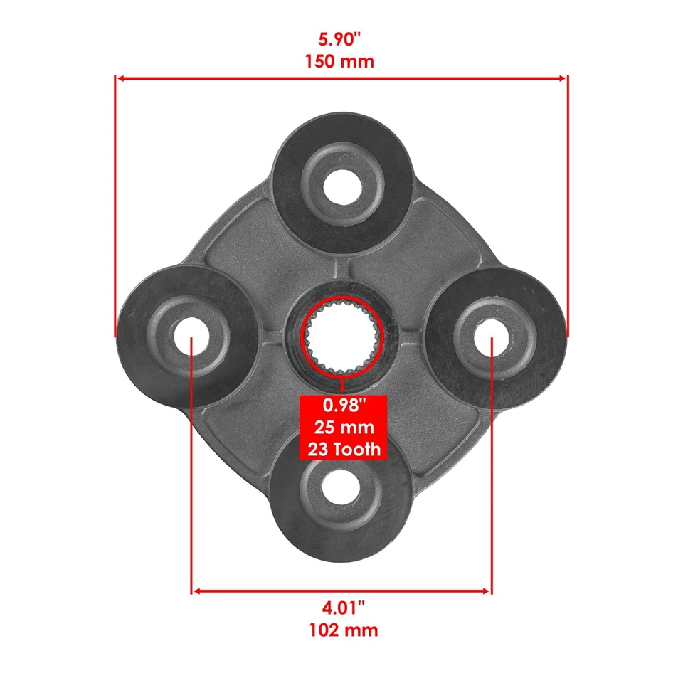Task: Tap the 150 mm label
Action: pos(341,61)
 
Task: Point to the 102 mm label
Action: pos(341,630)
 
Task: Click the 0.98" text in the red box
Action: pos(344,407)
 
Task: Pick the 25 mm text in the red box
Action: pos(344,428)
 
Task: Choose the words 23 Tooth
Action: pos(344,450)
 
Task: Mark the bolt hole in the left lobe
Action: pos(190,334)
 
